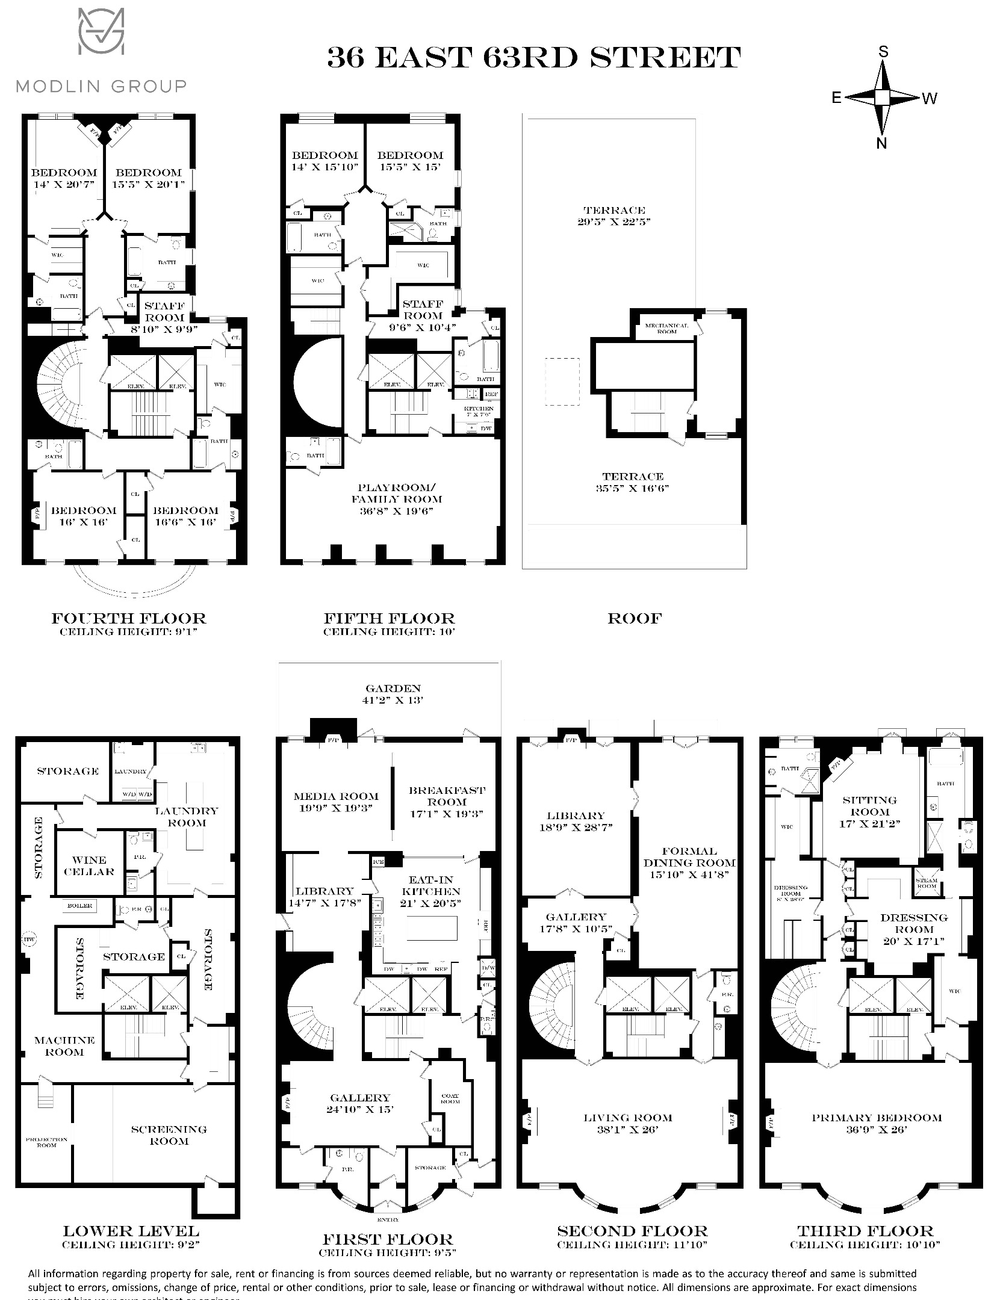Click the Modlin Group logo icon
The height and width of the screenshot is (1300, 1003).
[x=101, y=37]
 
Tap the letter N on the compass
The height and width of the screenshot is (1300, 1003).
[x=881, y=143]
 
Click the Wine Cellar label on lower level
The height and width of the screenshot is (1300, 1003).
[x=89, y=865]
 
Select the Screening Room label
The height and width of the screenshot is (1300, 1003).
[x=169, y=1134]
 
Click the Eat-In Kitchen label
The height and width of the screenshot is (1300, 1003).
[x=431, y=891]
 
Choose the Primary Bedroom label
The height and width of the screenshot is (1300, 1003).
[x=876, y=1118]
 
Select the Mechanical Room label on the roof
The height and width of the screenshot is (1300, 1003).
[x=666, y=328]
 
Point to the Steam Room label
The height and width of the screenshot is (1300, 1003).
[x=927, y=883]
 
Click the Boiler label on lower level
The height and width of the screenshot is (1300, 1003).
[x=79, y=905]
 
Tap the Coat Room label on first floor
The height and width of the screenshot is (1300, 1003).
[x=450, y=1098]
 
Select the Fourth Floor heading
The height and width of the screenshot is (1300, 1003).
[x=129, y=618]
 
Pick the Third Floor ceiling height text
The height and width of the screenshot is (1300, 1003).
[x=865, y=1244]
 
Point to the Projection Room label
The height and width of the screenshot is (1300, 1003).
[x=46, y=1142]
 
